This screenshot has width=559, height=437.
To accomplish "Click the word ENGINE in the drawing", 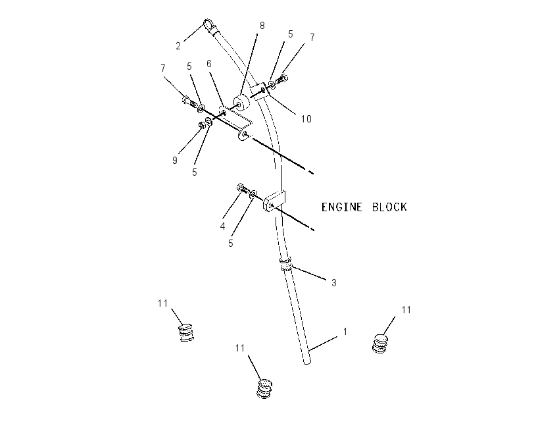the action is (x=342, y=207).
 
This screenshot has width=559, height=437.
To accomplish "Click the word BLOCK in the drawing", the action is (x=389, y=207).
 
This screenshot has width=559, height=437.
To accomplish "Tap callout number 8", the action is (x=262, y=26).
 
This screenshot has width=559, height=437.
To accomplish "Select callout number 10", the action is (x=306, y=118).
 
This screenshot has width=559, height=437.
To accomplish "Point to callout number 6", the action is (x=209, y=63).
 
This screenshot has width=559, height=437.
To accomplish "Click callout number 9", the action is (x=175, y=161).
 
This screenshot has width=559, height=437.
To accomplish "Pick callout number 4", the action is (x=223, y=226).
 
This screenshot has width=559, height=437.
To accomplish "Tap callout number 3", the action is (x=334, y=283).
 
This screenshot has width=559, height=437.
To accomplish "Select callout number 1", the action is (x=345, y=332).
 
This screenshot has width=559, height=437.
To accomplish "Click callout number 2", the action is (x=178, y=46).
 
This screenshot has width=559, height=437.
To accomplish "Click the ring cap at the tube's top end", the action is (x=208, y=24).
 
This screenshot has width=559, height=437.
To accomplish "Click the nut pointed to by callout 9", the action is (x=201, y=125).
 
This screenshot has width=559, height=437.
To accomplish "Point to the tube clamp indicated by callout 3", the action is (x=285, y=264).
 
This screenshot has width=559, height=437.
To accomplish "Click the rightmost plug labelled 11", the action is (x=380, y=343).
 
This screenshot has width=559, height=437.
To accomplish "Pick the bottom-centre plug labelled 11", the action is (x=264, y=388).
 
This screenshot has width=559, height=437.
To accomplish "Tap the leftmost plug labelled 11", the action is (x=185, y=332).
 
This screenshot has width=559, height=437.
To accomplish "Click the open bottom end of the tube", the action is (x=306, y=362).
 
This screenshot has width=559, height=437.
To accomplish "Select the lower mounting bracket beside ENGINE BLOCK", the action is (x=274, y=201).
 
